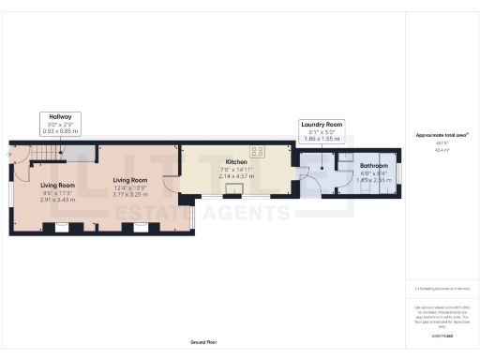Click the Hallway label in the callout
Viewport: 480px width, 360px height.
60,116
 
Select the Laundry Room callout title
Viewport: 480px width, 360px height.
322,125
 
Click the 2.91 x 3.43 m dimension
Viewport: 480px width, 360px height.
58,200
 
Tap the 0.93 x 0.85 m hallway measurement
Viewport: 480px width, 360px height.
60,131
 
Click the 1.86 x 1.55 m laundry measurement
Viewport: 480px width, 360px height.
322,140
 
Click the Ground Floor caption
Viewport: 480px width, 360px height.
203,343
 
